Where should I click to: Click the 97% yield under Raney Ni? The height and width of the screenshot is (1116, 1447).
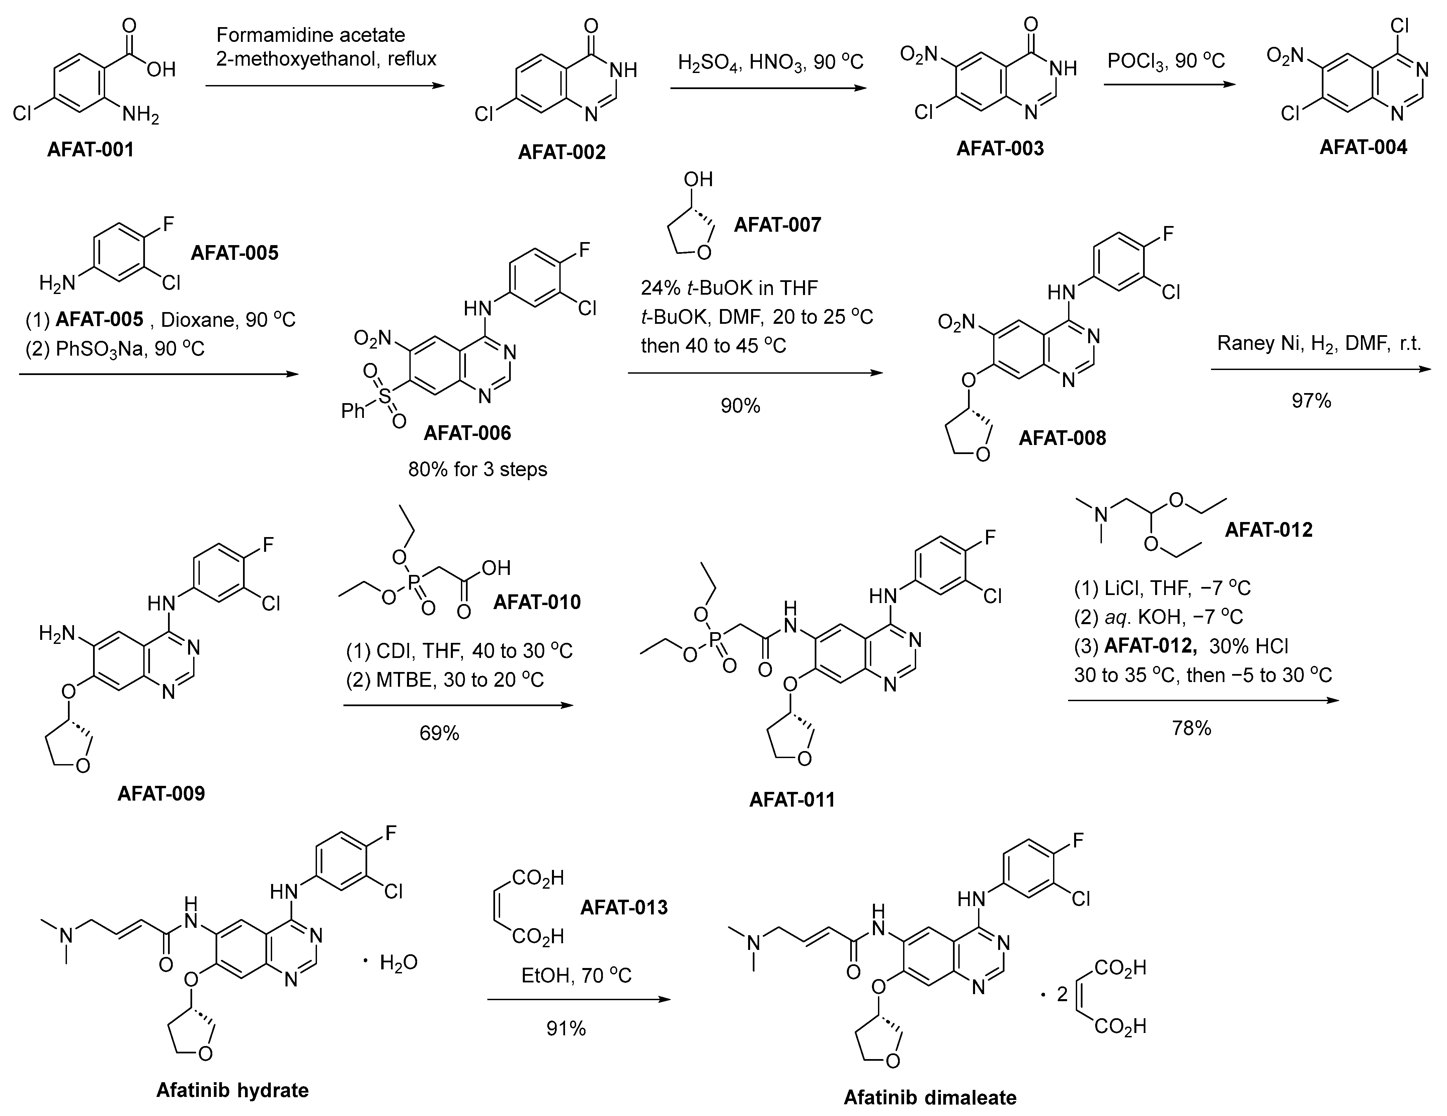[x=1310, y=400]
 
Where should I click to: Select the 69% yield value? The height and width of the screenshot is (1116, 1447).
[x=439, y=733]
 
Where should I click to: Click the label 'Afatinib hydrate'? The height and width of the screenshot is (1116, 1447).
[x=233, y=1091]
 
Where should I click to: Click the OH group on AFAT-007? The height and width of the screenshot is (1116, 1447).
[x=698, y=179]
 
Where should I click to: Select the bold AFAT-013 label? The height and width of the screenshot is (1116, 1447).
[x=624, y=907]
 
